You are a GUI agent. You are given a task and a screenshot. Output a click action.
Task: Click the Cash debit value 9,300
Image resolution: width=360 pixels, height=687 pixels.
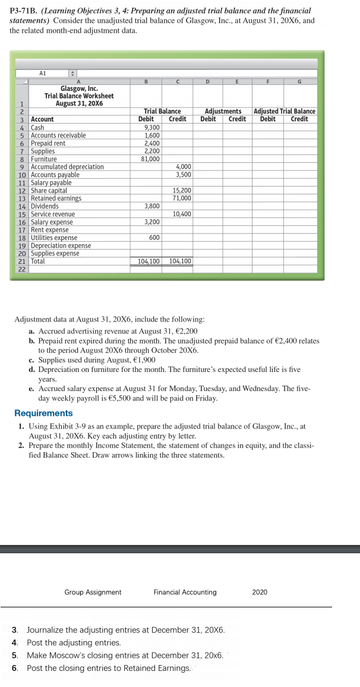pos(152,127)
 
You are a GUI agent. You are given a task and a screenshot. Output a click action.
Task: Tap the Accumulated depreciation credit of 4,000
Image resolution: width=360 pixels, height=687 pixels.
pos(182,166)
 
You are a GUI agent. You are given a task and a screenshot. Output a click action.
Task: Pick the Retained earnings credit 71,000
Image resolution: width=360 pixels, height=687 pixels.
pos(181,198)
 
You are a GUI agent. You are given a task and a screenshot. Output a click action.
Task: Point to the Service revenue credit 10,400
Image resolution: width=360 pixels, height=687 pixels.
pos(181,214)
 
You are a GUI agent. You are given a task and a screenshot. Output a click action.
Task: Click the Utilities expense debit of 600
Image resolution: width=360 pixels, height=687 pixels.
pos(154,238)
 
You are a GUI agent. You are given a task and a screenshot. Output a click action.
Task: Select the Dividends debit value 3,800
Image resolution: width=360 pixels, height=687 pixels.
pos(151,206)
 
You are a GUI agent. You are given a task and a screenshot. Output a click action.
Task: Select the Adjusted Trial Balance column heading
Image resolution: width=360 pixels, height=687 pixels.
pos(285,111)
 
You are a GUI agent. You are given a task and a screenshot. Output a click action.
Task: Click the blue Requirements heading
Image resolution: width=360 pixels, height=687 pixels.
pos(43,413)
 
